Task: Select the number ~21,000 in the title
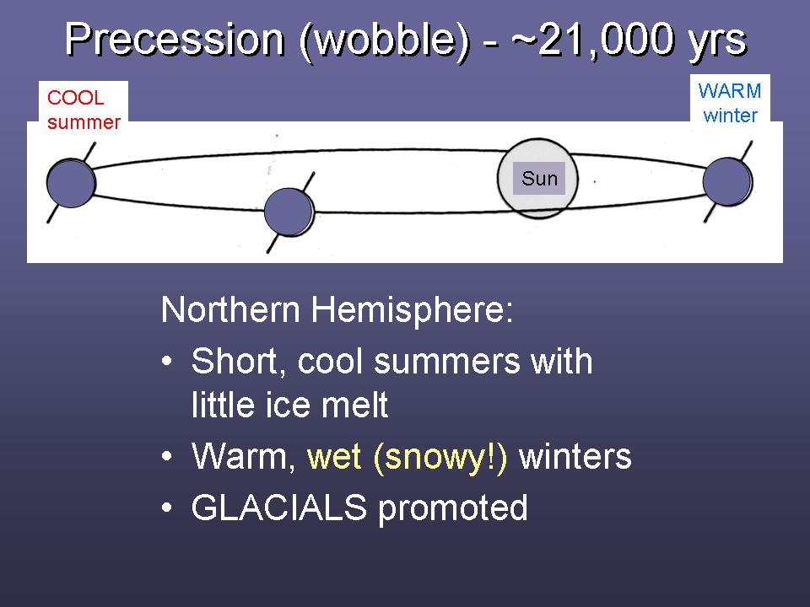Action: click(593, 39)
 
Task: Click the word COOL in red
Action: click(75, 98)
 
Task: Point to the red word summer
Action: click(84, 122)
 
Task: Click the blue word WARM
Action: click(729, 91)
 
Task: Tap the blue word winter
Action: click(730, 115)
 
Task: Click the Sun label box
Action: click(539, 179)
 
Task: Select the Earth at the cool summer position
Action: click(71, 183)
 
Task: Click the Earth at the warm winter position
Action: click(728, 182)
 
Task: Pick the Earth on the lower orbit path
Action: click(289, 212)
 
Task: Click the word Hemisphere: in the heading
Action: click(412, 309)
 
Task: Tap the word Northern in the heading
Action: click(230, 309)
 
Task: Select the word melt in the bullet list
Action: click(354, 404)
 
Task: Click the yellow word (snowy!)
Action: click(440, 457)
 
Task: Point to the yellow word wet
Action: click(334, 458)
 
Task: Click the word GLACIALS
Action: click(279, 507)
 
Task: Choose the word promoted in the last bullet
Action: click(452, 508)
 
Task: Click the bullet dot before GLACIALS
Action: click(166, 508)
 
